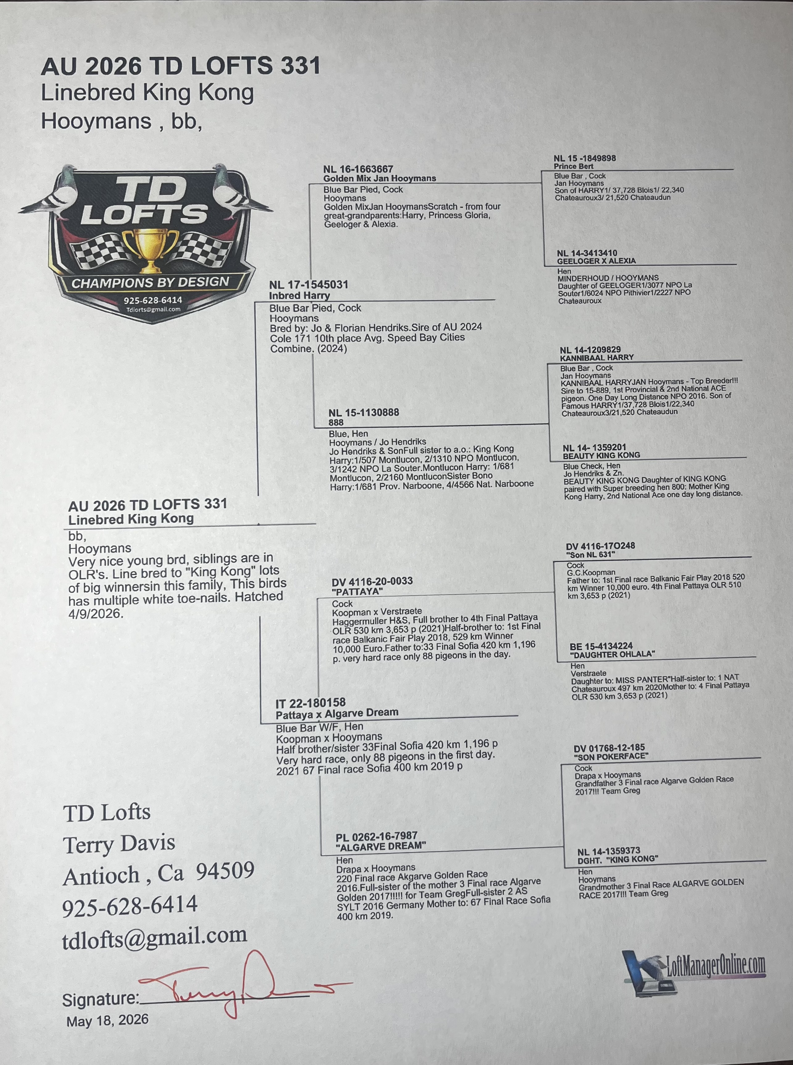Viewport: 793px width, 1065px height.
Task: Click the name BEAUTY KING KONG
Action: coord(602,455)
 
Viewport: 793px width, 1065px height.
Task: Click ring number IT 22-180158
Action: coord(311,703)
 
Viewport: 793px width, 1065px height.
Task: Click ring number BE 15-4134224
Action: coord(601,646)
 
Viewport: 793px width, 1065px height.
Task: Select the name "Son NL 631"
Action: coord(591,554)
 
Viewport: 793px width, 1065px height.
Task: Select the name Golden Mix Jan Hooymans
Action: coord(379,178)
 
